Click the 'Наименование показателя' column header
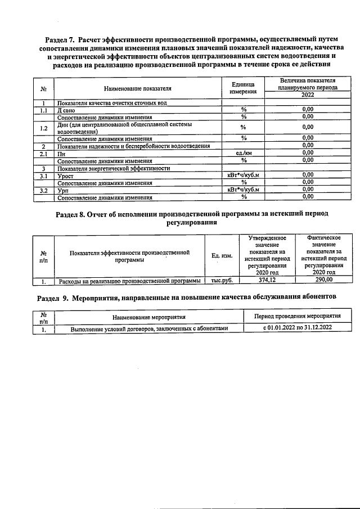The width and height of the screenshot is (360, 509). point(137,88)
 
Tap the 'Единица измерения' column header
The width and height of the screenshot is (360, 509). point(244,88)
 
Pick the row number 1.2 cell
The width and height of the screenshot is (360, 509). point(43,128)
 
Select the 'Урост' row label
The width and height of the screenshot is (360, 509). point(66,175)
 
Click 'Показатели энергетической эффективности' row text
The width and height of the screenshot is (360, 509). point(114,168)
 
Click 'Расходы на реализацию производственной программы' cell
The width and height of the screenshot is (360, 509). point(129,280)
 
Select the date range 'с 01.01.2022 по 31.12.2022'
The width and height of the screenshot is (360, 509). point(298,328)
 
